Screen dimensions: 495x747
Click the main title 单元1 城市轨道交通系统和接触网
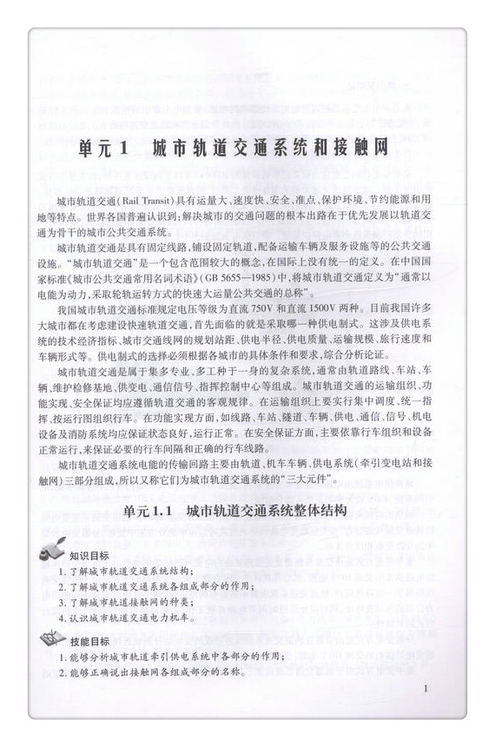248,148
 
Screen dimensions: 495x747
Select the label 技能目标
89,640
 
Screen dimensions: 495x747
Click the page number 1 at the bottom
429,688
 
